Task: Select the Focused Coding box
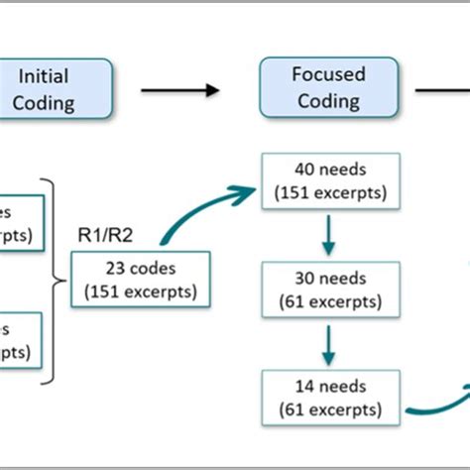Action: tap(328, 88)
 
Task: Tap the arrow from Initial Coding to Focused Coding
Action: tap(179, 90)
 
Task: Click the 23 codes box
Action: tap(141, 279)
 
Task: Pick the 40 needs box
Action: tap(328, 180)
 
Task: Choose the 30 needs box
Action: tap(328, 290)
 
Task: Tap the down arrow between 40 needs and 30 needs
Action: tap(329, 236)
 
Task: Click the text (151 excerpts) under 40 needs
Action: tap(328, 192)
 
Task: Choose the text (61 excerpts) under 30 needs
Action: tap(328, 301)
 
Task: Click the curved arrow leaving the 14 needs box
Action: tap(436, 402)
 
